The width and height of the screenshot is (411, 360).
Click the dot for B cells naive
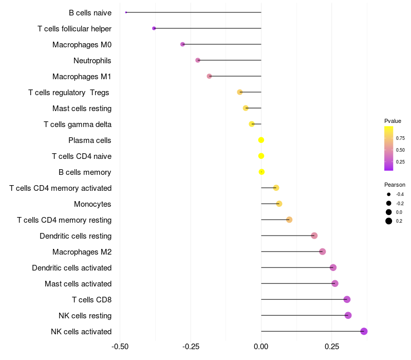point(126,12)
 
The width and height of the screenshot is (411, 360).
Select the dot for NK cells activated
point(364,331)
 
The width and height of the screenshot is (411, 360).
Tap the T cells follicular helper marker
point(154,28)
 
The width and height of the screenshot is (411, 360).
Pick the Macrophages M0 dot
point(183,44)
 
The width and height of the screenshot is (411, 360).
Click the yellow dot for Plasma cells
point(261,140)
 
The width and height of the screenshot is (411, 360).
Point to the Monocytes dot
point(279,204)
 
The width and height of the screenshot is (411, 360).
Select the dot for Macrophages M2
point(323,251)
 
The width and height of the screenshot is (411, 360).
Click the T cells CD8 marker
point(347,299)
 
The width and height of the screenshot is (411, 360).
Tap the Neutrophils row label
point(92,61)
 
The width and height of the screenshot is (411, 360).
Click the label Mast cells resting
point(82,109)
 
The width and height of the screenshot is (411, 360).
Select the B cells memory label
point(85,172)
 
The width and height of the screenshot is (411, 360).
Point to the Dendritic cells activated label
point(72,268)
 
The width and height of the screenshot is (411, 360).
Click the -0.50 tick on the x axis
point(120,347)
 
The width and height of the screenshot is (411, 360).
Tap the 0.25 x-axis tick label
point(332,347)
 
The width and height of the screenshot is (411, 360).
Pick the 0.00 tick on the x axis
point(261,347)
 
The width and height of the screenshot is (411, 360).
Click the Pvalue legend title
point(393,121)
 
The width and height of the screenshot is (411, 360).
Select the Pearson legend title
point(395,185)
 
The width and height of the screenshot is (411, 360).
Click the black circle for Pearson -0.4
point(389,194)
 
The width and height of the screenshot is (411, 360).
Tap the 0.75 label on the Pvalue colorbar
point(400,138)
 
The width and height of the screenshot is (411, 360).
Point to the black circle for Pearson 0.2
point(389,221)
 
